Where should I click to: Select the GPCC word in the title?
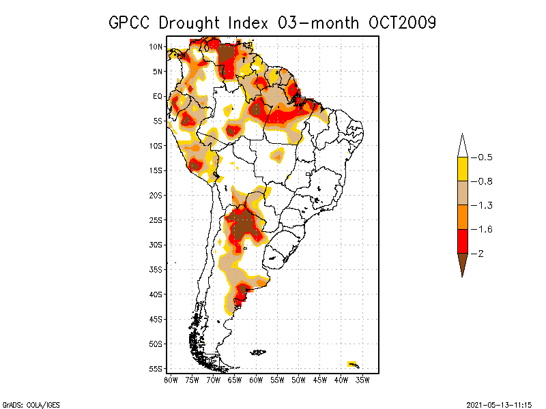(x=130, y=22)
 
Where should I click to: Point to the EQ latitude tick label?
(x=157, y=96)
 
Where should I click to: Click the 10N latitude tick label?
(x=156, y=46)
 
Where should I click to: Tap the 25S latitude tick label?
(x=156, y=220)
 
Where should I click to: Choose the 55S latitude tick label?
(x=156, y=369)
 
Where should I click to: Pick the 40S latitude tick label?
(x=156, y=294)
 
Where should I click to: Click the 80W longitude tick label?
(x=171, y=380)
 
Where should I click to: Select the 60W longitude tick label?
(x=255, y=380)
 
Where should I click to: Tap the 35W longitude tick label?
(x=362, y=380)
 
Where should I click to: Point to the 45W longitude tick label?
(x=319, y=380)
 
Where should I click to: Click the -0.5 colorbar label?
(x=484, y=157)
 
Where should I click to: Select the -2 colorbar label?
(x=480, y=254)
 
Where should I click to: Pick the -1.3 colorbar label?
(x=484, y=205)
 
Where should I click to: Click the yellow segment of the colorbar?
(x=462, y=169)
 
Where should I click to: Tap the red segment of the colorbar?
(x=462, y=241)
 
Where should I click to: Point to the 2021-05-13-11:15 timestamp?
(x=498, y=404)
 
